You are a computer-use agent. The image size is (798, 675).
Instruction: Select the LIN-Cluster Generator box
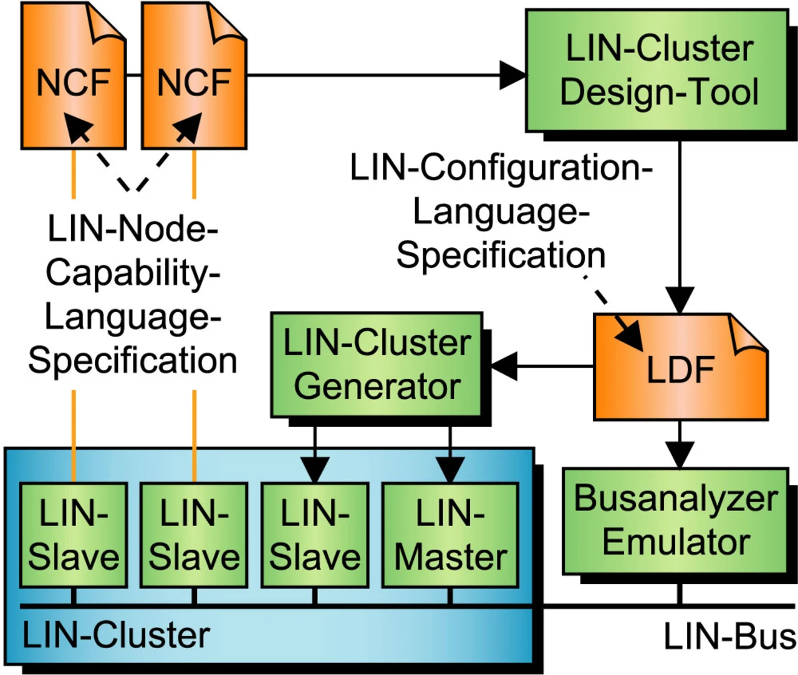pyautogui.click(x=377, y=365)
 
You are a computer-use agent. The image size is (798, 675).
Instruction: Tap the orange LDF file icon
pyautogui.click(x=680, y=368)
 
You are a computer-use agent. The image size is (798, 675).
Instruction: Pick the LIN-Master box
pyautogui.click(x=450, y=535)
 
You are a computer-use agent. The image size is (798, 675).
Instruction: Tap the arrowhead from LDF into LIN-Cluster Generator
pyautogui.click(x=504, y=366)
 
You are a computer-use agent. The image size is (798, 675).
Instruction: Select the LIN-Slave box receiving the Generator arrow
pyautogui.click(x=315, y=535)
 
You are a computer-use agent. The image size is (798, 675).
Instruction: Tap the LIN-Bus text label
pyautogui.click(x=729, y=637)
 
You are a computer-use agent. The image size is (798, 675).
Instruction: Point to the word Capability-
pyautogui.click(x=132, y=273)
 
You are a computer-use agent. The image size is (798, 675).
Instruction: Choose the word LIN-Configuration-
pyautogui.click(x=501, y=168)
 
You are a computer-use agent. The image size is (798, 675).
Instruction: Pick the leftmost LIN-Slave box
pyautogui.click(x=74, y=535)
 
